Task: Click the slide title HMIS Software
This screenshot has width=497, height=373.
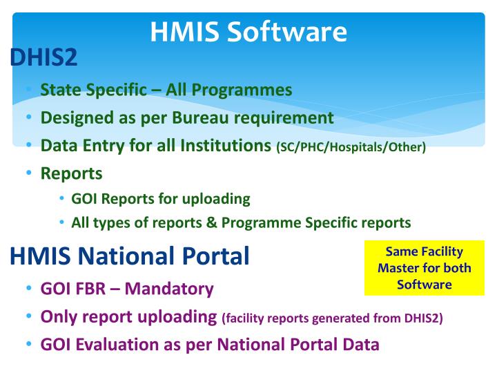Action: pos(248,32)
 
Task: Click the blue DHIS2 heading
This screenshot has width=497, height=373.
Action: pos(43,59)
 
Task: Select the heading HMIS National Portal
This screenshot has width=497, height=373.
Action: pos(130,256)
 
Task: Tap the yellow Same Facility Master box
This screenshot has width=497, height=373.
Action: pos(424,268)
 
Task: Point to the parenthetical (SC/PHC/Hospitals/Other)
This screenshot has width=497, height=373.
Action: pos(351,147)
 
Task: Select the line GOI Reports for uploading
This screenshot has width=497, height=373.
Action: pos(160,199)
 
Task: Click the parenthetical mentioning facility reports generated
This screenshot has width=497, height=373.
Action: pos(333,318)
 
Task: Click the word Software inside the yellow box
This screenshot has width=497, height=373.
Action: pos(424,285)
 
